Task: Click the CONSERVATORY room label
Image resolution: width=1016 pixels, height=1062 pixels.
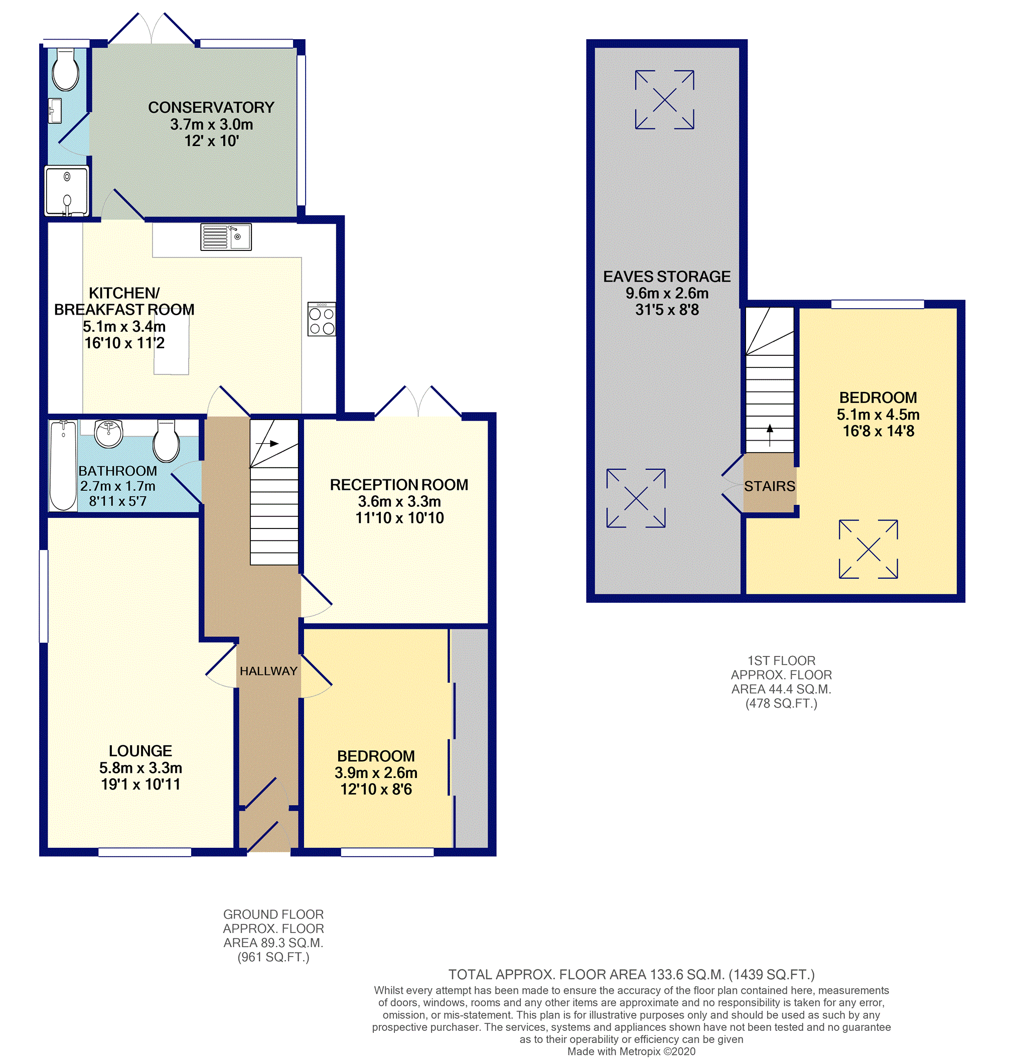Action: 211,108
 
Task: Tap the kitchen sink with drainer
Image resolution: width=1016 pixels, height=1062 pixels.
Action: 226,237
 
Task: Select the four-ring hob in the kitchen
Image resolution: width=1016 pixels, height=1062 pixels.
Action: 322,319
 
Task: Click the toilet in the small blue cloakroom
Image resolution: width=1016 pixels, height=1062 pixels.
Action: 66,70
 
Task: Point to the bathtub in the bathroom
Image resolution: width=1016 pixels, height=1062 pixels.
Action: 63,465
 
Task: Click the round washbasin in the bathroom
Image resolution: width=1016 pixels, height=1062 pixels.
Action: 109,434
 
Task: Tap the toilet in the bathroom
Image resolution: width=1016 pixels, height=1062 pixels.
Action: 166,441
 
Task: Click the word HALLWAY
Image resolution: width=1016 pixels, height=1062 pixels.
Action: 268,671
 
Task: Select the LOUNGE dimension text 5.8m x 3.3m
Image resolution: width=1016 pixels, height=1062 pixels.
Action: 141,767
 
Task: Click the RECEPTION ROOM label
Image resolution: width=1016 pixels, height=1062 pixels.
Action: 399,484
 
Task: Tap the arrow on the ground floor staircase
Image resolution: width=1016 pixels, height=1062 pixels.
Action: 267,443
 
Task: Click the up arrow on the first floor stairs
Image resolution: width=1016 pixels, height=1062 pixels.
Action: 770,435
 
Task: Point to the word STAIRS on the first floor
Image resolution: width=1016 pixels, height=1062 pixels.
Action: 770,486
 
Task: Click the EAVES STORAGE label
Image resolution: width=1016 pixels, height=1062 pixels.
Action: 667,277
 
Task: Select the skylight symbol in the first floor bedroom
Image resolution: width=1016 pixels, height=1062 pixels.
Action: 868,549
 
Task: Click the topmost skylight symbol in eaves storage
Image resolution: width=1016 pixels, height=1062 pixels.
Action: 664,100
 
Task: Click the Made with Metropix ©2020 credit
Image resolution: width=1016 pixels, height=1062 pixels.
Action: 632,1051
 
